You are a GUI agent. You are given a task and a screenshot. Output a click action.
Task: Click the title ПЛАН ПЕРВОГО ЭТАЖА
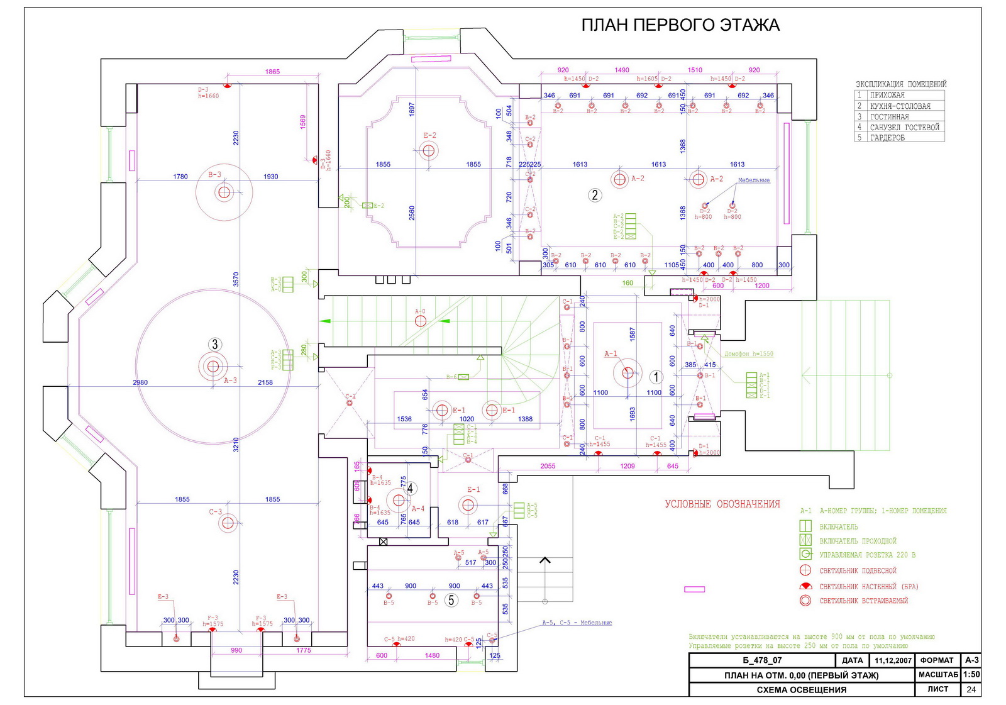click(x=680, y=25)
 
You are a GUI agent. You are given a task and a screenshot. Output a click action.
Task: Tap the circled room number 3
click(x=215, y=344)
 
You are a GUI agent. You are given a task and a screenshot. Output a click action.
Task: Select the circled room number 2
click(x=595, y=195)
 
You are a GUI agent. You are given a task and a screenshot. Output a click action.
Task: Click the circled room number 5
click(x=451, y=600)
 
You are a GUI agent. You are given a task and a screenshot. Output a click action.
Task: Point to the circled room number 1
click(x=656, y=377)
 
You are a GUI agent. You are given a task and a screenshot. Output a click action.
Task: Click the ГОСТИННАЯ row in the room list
click(x=889, y=116)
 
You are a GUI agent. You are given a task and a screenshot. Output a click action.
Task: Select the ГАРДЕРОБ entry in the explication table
click(x=887, y=138)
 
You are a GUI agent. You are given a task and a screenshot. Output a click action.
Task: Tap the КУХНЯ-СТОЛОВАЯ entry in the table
click(x=900, y=106)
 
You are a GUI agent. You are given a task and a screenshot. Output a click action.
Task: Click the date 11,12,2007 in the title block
click(x=893, y=660)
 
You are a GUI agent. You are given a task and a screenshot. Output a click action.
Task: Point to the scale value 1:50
click(x=971, y=674)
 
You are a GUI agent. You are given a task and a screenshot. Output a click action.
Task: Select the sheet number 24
click(x=971, y=689)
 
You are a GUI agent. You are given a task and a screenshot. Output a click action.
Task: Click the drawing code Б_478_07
click(x=762, y=660)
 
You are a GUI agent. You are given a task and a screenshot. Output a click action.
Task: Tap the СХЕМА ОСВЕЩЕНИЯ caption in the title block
click(x=801, y=690)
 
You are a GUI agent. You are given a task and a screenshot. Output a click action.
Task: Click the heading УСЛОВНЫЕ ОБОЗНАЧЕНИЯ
click(x=722, y=504)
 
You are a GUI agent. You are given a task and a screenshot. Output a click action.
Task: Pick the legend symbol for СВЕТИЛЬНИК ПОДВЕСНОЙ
click(x=805, y=570)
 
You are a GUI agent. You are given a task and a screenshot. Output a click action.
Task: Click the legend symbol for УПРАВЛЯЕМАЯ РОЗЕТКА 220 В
click(x=805, y=554)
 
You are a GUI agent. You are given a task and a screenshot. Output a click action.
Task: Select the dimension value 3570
click(x=236, y=279)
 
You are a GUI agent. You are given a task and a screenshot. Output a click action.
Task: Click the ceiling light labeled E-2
click(x=429, y=150)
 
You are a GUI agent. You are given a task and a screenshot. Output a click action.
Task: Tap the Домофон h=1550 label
click(x=748, y=353)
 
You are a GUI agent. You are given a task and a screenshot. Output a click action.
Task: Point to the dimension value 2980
click(x=140, y=382)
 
